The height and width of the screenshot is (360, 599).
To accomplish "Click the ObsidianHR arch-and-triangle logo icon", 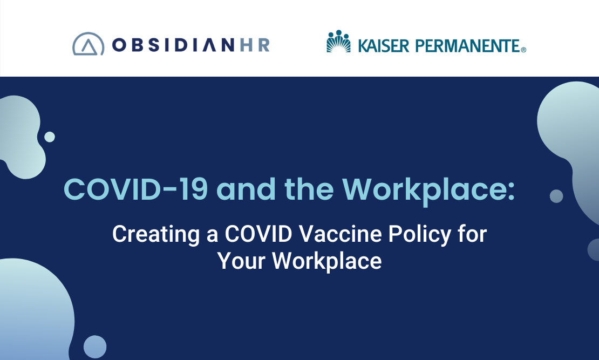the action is click(89, 44).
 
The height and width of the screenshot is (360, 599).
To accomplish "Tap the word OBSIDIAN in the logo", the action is click(173, 45).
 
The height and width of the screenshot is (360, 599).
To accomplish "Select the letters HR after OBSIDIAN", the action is click(255, 45).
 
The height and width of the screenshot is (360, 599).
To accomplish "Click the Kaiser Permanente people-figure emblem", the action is click(338, 41).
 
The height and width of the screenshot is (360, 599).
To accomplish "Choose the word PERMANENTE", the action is click(467, 46).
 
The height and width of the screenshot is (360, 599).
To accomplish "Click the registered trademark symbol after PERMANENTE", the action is click(523, 50).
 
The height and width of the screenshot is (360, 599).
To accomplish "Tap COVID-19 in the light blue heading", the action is click(135, 189).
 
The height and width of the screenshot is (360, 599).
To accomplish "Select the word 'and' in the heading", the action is click(246, 189).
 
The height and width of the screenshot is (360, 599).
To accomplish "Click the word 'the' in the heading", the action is click(309, 189).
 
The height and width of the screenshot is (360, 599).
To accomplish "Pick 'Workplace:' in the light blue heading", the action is click(428, 191).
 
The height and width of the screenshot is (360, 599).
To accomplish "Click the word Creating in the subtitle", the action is click(156, 234).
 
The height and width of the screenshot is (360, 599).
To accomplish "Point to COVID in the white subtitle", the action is click(258, 234).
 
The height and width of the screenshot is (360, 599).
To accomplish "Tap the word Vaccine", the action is click(341, 234).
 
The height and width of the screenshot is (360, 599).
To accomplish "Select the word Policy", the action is click(420, 235).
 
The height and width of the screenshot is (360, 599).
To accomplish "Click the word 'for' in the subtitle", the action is click(473, 234).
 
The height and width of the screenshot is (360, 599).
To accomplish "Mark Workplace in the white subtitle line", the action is click(326, 262).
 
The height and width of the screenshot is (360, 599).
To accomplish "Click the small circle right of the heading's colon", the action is click(556, 196).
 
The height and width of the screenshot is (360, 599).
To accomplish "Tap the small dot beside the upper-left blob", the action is click(50, 137).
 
